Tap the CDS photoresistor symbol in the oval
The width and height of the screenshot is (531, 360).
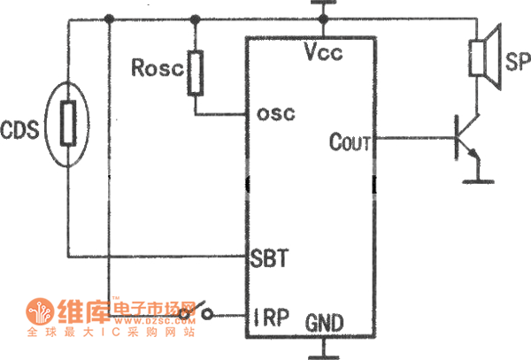69,125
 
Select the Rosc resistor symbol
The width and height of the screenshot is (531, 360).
195,73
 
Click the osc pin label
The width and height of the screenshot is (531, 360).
275,113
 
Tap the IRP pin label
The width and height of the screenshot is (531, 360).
272,314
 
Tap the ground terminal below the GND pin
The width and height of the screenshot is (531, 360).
323,352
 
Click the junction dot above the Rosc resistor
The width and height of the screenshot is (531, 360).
196,18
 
